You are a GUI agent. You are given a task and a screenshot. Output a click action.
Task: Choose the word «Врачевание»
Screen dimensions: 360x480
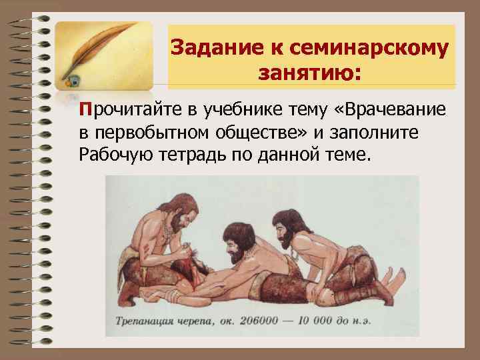[x=381, y=109]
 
